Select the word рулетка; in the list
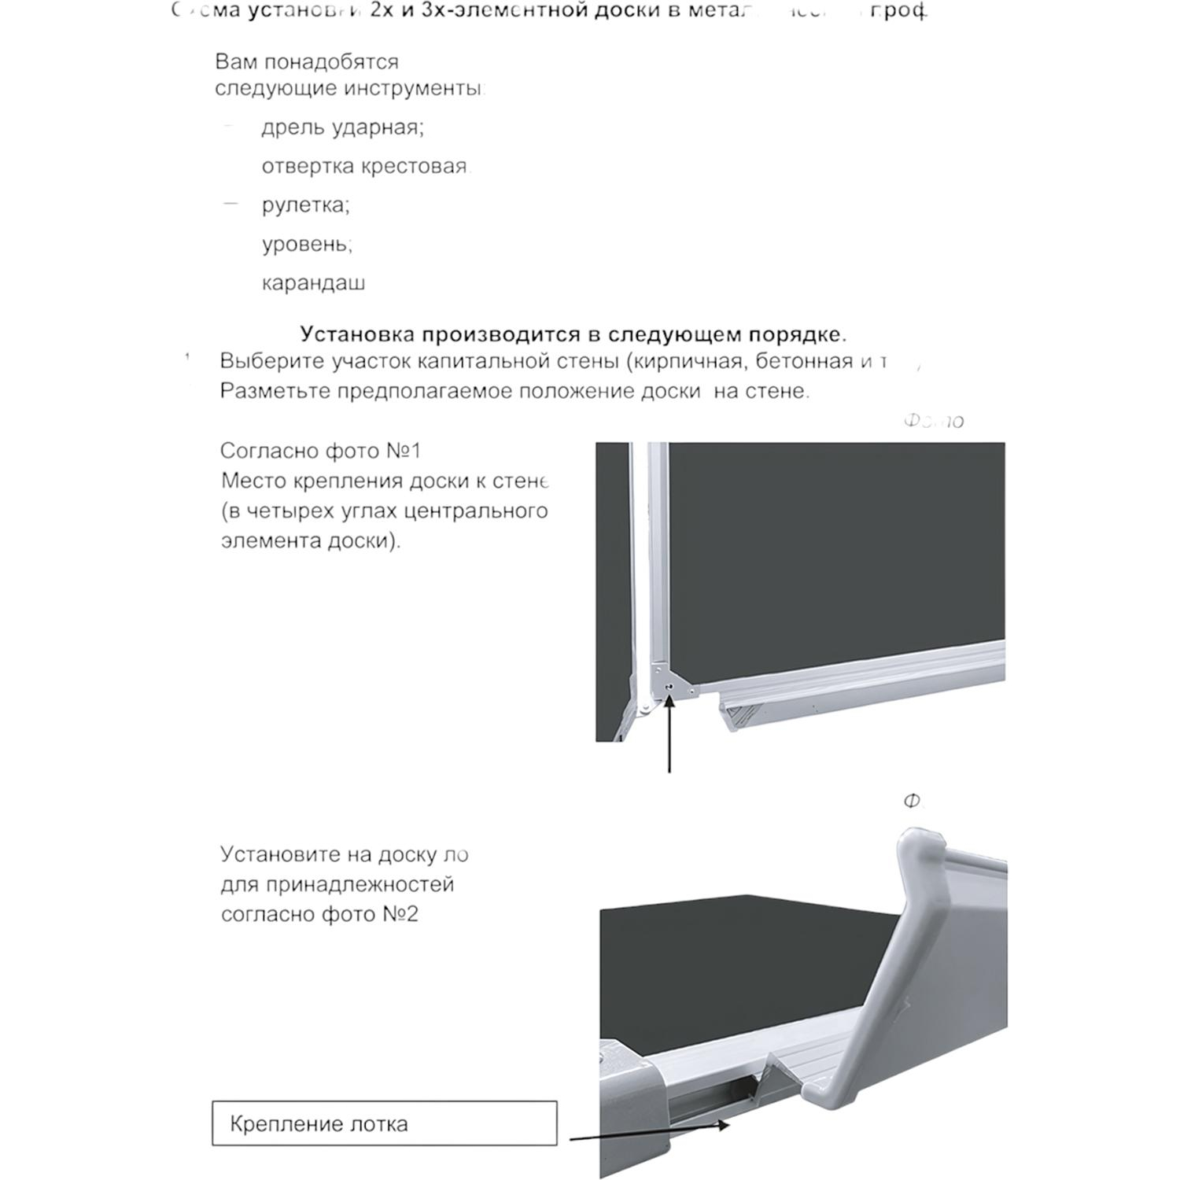(x=305, y=205)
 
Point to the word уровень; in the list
(x=307, y=244)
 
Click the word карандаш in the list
(x=313, y=283)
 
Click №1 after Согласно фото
(x=404, y=451)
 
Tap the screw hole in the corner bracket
(x=668, y=687)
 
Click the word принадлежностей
(x=360, y=884)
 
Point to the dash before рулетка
(x=230, y=204)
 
